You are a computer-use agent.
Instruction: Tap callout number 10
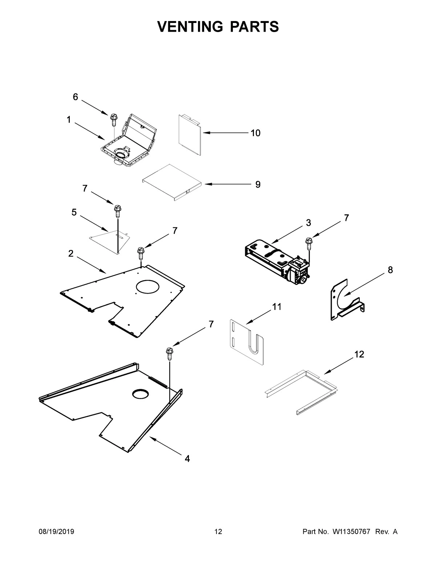[255, 133]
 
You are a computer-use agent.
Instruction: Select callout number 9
[258, 184]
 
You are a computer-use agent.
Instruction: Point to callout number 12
[359, 354]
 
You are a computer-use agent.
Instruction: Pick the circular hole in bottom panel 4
[141, 393]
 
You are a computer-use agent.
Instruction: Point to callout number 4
[187, 459]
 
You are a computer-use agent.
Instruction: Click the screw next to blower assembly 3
[309, 243]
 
